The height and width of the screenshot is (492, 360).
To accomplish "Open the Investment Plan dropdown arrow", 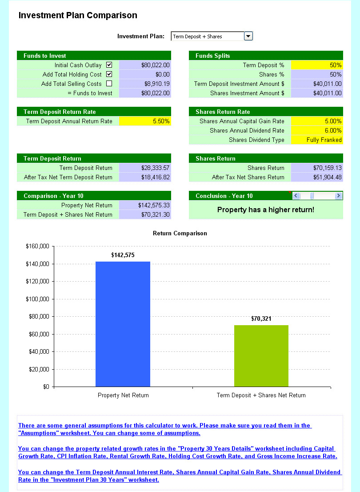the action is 248,36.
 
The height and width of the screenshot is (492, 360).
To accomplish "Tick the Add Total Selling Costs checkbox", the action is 109,84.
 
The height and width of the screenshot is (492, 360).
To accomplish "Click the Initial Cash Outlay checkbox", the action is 109,65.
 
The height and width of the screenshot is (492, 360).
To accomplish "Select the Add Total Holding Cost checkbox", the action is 109,74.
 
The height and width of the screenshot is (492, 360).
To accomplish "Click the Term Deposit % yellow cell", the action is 317,65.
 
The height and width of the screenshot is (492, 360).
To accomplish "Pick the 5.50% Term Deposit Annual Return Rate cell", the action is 145,121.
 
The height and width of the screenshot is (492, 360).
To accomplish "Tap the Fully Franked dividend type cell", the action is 317,140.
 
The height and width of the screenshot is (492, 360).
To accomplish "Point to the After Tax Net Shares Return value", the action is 327,177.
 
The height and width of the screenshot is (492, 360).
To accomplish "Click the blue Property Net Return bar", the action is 123,324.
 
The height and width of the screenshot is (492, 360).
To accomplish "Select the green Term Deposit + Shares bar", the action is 261,356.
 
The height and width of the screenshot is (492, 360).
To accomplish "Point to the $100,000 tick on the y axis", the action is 37,299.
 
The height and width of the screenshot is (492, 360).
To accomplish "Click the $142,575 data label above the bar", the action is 123,255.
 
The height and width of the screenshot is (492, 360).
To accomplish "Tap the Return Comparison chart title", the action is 180,233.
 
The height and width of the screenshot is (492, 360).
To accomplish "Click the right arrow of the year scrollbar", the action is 338,196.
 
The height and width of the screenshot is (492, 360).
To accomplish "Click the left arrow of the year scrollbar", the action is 296,196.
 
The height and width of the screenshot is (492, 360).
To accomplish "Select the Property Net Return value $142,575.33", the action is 154,205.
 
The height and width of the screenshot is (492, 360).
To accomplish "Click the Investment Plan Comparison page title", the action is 78,16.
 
